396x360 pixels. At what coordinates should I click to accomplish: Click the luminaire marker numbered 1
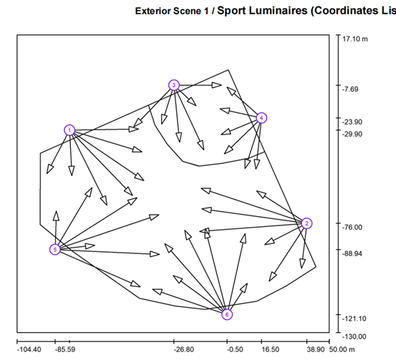[69, 130]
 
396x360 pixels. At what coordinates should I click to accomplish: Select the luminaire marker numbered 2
[306, 223]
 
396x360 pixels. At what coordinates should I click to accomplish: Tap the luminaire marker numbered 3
[174, 85]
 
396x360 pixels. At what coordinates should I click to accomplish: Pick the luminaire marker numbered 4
[261, 117]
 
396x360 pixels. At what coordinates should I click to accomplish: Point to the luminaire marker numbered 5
[55, 250]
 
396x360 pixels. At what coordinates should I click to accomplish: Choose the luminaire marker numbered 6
[227, 314]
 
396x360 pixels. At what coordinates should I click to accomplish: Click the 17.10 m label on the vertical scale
[355, 39]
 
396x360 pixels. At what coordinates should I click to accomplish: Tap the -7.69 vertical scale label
[350, 89]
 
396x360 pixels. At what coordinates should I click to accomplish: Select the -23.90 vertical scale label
[352, 122]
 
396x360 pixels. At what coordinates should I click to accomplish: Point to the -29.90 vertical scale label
[352, 134]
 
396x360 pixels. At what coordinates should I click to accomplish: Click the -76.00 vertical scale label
[352, 227]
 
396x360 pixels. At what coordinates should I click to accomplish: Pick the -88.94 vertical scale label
[352, 253]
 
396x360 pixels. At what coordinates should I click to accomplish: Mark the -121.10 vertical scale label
[354, 318]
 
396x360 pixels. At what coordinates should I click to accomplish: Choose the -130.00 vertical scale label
[354, 336]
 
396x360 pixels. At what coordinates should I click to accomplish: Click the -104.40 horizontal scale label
[29, 350]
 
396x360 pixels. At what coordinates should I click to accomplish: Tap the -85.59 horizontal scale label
[65, 350]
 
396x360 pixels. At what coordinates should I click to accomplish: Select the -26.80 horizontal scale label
[184, 350]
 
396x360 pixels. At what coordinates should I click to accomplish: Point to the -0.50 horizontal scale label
[235, 350]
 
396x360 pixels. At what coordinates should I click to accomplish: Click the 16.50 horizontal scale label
[270, 350]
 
